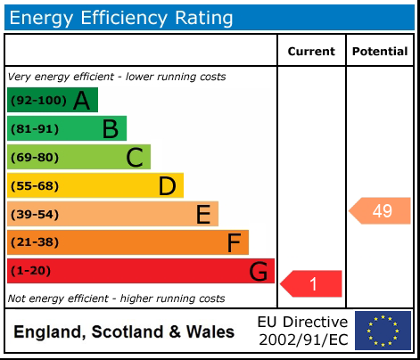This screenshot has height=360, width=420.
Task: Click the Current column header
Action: click(311, 52)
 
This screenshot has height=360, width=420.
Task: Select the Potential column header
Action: click(380, 52)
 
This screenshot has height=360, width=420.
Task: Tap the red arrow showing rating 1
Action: click(311, 283)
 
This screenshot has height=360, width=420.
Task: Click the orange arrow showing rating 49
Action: click(380, 210)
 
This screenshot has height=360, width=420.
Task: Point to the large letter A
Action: click(81, 101)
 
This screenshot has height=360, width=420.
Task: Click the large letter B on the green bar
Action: click(111, 129)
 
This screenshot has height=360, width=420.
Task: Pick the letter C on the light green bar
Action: click(135, 158)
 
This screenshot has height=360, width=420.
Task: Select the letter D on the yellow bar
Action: click(168, 186)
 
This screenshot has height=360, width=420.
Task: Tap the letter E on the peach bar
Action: click(203, 214)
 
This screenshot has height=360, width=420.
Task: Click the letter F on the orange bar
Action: click(234, 242)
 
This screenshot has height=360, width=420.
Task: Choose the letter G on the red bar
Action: click(258, 271)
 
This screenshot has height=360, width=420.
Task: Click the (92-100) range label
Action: click(38, 101)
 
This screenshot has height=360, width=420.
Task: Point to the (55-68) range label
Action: click(35, 186)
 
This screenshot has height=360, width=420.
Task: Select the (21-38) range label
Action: click(35, 242)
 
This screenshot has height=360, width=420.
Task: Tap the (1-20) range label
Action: click(30, 271)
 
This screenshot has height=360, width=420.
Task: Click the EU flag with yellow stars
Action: click(383, 331)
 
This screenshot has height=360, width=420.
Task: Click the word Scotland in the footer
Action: click(128, 331)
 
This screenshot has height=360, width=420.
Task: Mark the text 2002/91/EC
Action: click(303, 340)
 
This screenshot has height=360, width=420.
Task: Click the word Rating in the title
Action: click(204, 19)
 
